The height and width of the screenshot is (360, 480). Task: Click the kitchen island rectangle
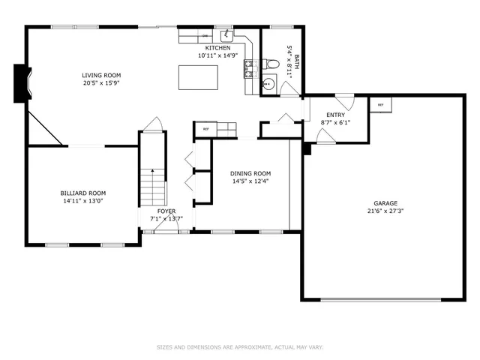198,76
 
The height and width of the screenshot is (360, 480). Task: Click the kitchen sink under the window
226,36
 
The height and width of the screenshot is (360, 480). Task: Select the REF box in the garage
380,106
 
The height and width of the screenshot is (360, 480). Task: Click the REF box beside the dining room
205,129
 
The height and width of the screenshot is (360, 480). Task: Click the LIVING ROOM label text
101,75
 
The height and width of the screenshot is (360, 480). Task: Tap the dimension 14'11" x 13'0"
82,200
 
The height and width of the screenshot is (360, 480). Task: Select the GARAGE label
385,203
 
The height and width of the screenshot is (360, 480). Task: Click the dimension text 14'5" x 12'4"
250,181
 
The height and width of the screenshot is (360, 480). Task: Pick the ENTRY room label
334,115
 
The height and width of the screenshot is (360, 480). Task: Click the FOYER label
166,211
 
